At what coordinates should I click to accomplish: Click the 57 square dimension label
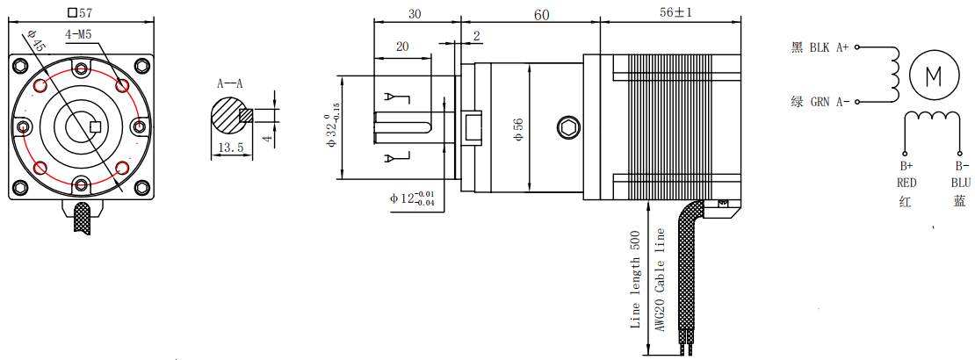[81, 12]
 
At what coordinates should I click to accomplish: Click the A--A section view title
[230, 84]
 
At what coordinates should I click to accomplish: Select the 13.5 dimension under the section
[229, 148]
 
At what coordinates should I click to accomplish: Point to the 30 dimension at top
[415, 14]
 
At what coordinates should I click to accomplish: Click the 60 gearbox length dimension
[541, 14]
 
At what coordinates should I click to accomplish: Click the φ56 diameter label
[518, 129]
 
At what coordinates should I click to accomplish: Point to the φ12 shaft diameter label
[412, 198]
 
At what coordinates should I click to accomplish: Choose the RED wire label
[906, 183]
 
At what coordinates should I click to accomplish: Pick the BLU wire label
[960, 183]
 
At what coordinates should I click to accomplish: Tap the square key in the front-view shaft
[97, 126]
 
